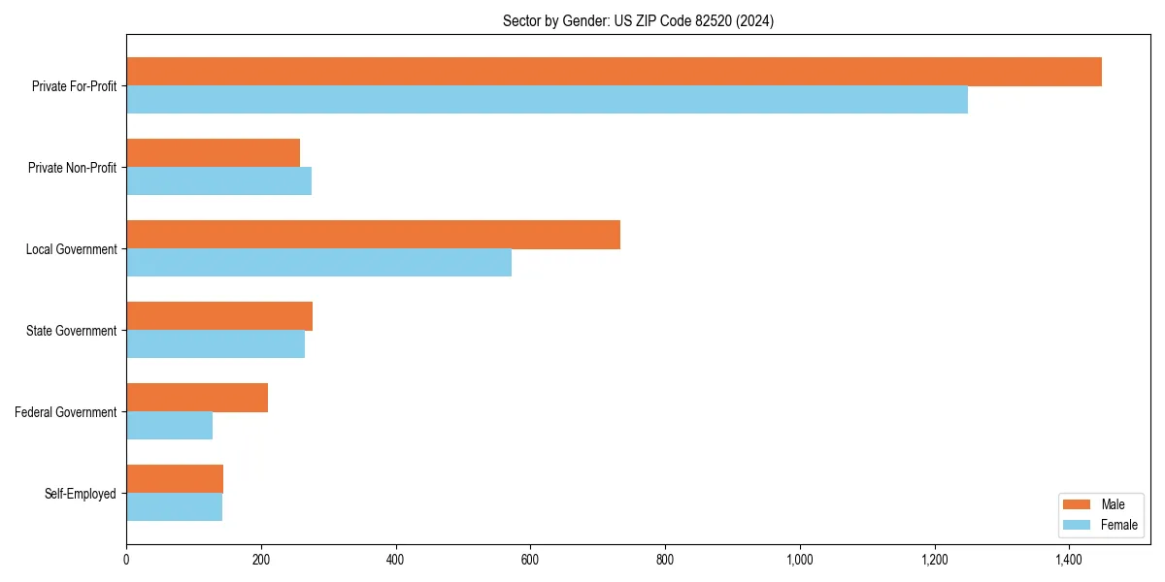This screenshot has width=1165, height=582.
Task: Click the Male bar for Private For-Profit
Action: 614,72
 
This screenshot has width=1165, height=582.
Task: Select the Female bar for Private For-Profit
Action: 547,100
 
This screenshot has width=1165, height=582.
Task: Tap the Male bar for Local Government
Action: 373,235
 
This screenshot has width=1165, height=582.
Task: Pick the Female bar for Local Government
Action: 318,263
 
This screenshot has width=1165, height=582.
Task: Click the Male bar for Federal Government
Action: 197,398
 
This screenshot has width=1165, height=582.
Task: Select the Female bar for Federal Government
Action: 169,426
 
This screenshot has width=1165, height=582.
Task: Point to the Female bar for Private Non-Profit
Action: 218,181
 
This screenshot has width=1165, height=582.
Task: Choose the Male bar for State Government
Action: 219,316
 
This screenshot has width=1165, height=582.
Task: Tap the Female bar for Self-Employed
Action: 174,507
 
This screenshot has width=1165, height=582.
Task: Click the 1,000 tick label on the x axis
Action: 800,560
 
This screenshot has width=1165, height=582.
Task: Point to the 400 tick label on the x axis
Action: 395,560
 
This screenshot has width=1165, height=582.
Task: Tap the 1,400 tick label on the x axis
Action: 1069,560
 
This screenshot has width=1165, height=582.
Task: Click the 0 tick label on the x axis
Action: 126,560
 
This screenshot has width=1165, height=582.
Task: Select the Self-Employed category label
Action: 80,494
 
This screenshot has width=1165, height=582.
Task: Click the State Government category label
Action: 71,331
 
